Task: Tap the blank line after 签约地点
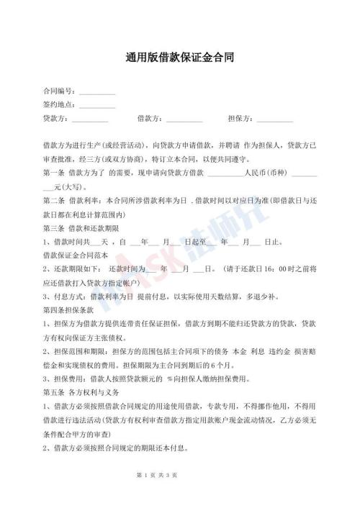click(x=96, y=106)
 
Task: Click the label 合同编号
click(x=58, y=91)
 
